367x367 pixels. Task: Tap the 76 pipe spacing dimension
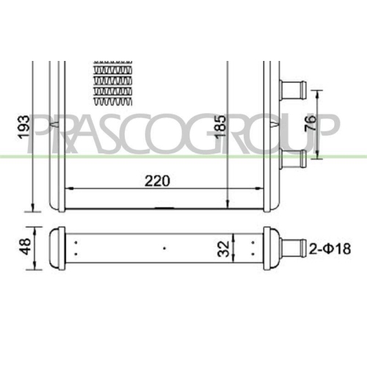333,123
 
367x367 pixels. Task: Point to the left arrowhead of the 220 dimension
68,189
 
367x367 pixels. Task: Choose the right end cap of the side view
271,249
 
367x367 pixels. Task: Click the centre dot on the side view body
164,248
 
